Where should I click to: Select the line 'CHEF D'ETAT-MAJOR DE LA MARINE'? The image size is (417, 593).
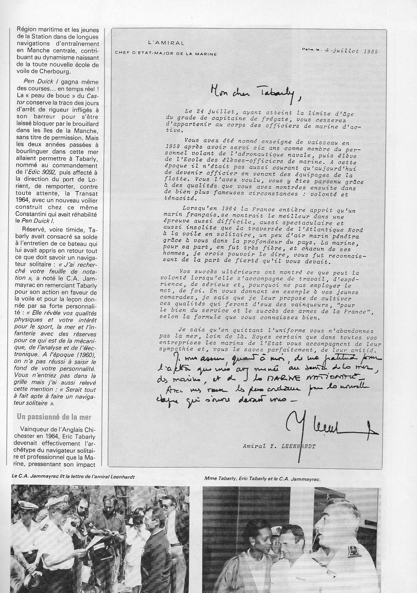pyautogui.click(x=166, y=54)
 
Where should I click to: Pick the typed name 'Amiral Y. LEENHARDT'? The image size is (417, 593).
pyautogui.click(x=279, y=447)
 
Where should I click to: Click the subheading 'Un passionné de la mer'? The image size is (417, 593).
pyautogui.click(x=54, y=417)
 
